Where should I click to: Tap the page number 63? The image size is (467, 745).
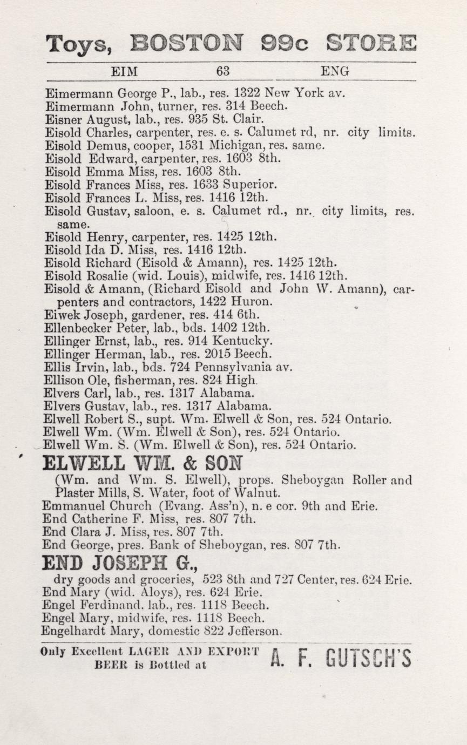coord(223,71)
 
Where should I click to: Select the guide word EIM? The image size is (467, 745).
coord(124,71)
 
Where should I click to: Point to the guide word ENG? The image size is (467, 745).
coord(335,71)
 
